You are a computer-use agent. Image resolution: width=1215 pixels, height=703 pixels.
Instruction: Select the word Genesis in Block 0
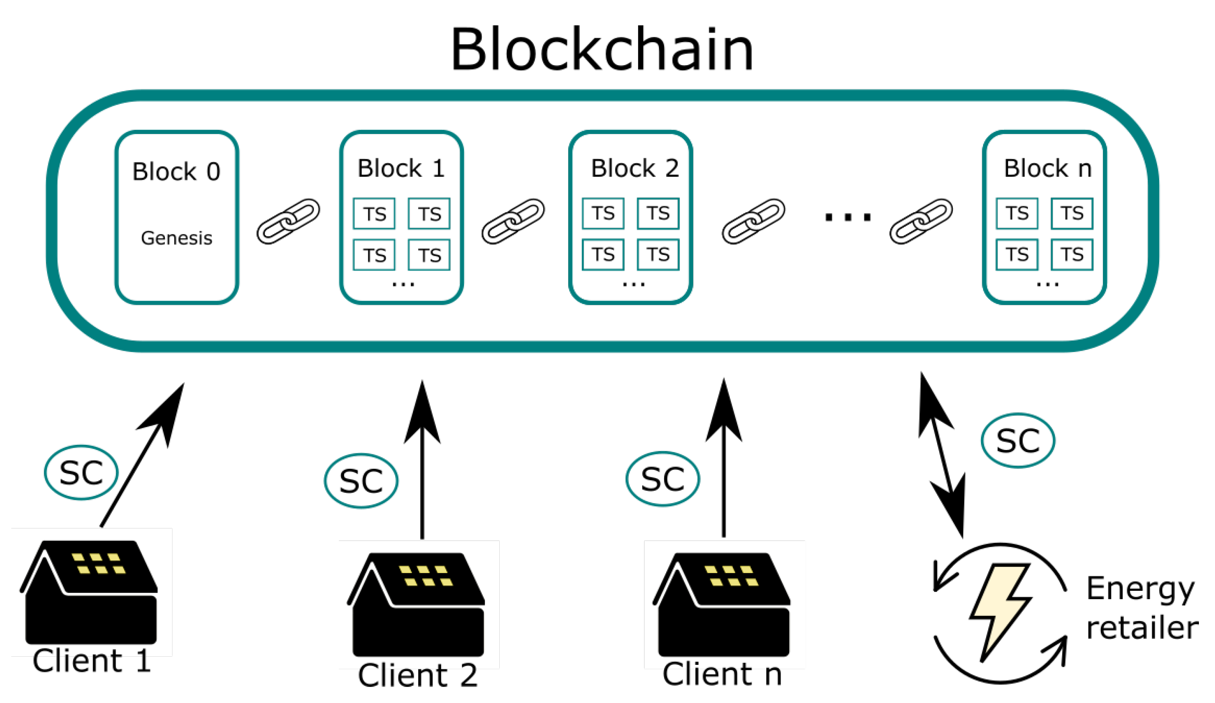pyautogui.click(x=177, y=238)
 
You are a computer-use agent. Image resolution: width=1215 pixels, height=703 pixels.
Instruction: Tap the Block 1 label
pyautogui.click(x=401, y=168)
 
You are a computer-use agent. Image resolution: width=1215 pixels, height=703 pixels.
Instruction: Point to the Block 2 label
pyautogui.click(x=634, y=168)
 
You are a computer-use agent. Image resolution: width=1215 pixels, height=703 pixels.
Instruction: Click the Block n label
pyautogui.click(x=1047, y=168)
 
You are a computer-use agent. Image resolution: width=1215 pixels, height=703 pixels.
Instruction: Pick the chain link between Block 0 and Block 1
pyautogui.click(x=288, y=221)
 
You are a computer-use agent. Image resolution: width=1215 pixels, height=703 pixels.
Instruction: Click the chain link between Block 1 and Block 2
pyautogui.click(x=513, y=221)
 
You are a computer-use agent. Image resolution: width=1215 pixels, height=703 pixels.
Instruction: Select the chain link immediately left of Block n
pyautogui.click(x=921, y=221)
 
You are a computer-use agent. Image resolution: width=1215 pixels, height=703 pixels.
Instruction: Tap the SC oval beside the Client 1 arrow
pyautogui.click(x=81, y=473)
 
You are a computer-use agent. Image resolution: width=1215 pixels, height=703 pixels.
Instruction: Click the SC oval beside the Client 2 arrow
pyautogui.click(x=361, y=481)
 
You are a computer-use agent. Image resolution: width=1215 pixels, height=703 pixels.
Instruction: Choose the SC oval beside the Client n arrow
pyautogui.click(x=663, y=479)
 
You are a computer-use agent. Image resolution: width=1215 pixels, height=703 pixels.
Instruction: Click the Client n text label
pyautogui.click(x=722, y=674)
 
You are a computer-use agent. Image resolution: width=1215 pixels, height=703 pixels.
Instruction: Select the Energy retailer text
pyautogui.click(x=1142, y=608)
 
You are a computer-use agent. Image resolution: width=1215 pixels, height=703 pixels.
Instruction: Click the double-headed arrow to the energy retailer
pyautogui.click(x=942, y=456)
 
